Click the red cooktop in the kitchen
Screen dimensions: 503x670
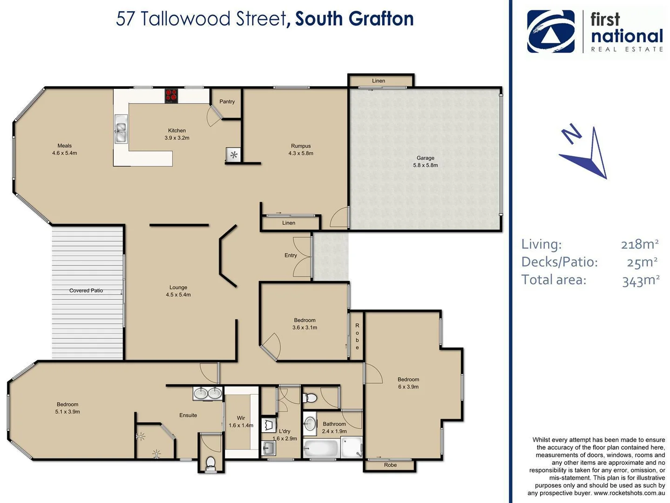pyautogui.click(x=171, y=95)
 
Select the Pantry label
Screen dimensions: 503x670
pyautogui.click(x=227, y=102)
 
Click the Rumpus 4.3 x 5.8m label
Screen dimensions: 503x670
pyautogui.click(x=301, y=150)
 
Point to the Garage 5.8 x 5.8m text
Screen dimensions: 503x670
pyautogui.click(x=425, y=162)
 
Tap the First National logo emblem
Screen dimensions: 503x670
pyautogui.click(x=551, y=32)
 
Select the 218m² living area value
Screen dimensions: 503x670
pyautogui.click(x=640, y=244)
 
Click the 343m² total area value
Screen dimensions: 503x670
pyautogui.click(x=641, y=280)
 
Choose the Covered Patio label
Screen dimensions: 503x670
pyautogui.click(x=86, y=291)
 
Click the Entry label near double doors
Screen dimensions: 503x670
pyautogui.click(x=291, y=255)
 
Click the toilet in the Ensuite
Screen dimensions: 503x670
pyautogui.click(x=210, y=463)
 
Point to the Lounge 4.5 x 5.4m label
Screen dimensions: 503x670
pyautogui.click(x=178, y=291)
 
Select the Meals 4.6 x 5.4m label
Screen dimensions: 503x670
pyautogui.click(x=65, y=150)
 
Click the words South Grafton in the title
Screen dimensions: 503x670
pyautogui.click(x=354, y=19)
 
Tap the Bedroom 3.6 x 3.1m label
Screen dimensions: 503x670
pyautogui.click(x=305, y=324)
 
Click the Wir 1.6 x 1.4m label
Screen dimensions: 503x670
pyautogui.click(x=241, y=421)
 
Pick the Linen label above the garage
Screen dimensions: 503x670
pyautogui.click(x=379, y=81)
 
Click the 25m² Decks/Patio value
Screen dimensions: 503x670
pyautogui.click(x=642, y=262)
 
